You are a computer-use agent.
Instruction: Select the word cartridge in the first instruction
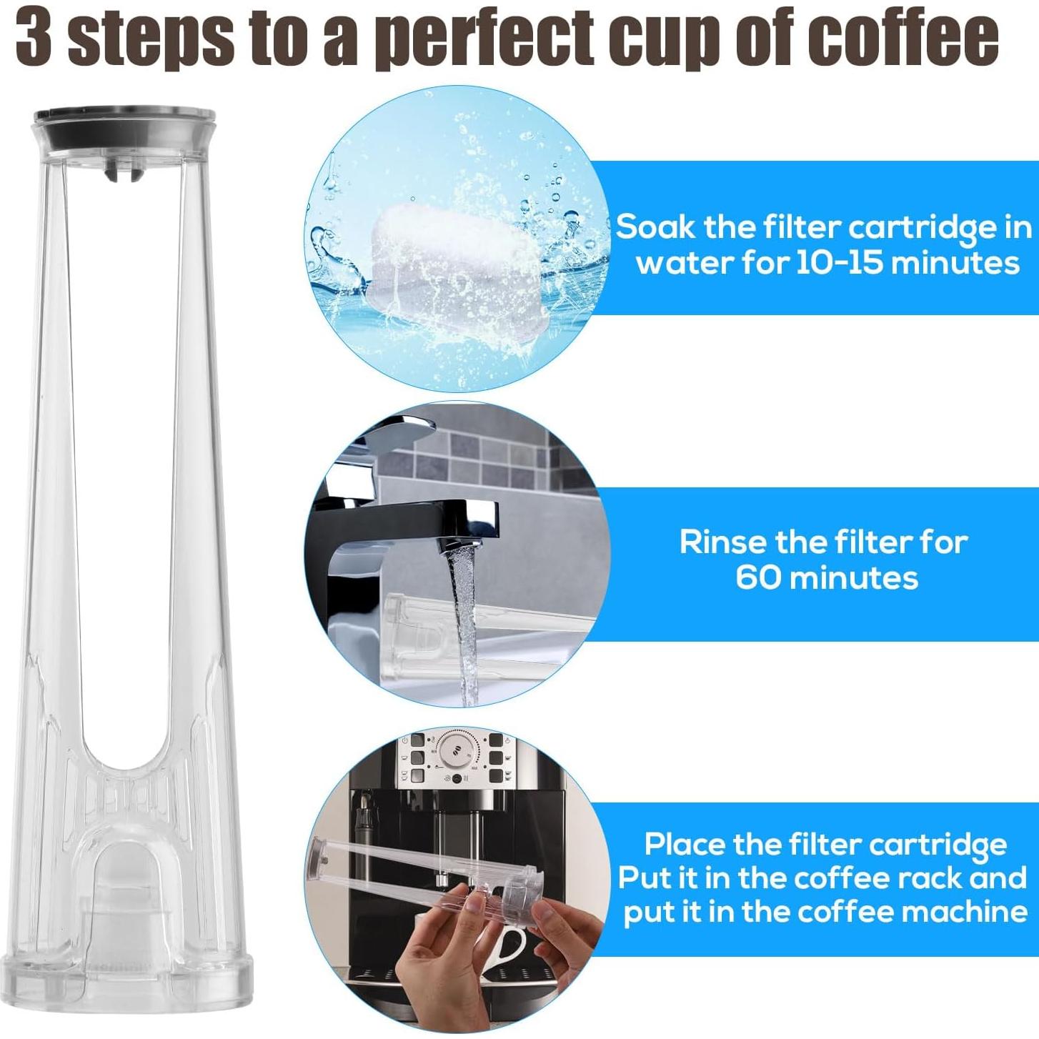[918, 228]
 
